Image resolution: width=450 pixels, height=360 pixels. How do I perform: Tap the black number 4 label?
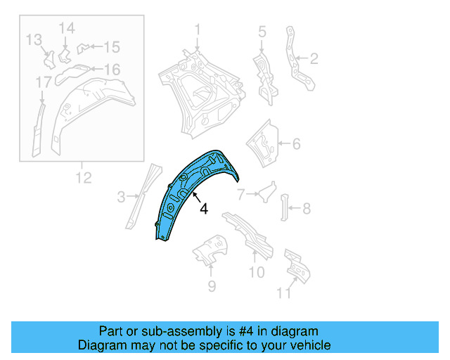[x=204, y=209]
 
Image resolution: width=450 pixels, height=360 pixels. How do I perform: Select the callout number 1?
[x=198, y=30]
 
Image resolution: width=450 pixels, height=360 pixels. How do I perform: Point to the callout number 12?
[x=84, y=178]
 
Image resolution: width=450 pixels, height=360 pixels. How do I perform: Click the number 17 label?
[x=44, y=82]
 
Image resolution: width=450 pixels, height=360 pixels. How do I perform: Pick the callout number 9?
[x=212, y=286]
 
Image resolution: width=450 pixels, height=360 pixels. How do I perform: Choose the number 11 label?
[x=283, y=293]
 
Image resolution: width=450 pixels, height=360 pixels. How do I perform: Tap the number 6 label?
[x=297, y=143]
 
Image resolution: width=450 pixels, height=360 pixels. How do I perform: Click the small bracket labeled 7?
[x=267, y=191]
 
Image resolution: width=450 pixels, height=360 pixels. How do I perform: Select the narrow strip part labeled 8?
[x=284, y=207]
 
